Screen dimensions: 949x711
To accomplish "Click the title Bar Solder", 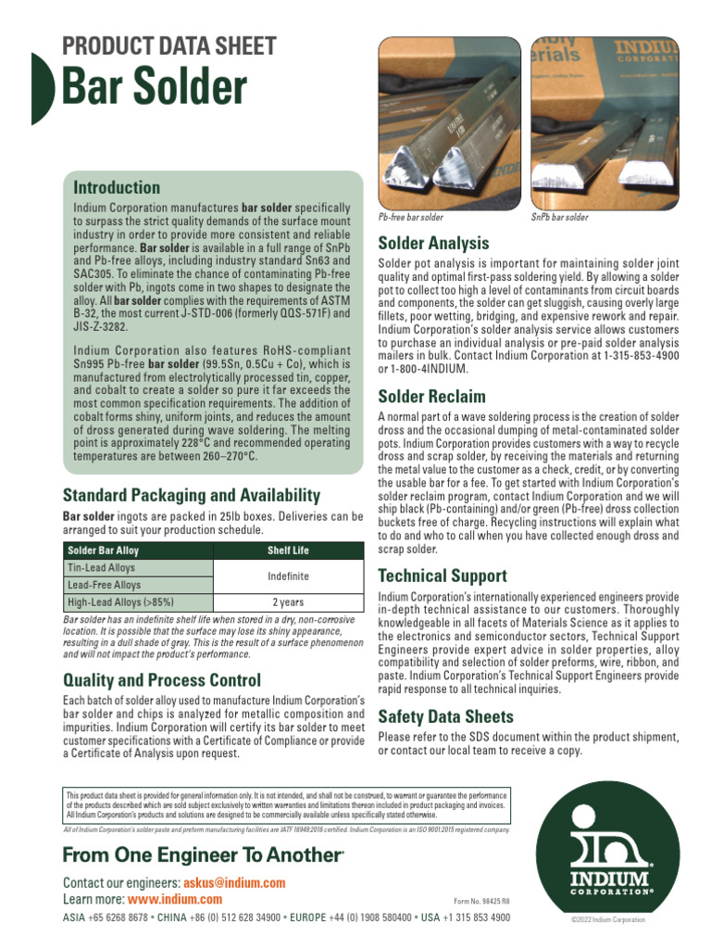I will pyautogui.click(x=155, y=87).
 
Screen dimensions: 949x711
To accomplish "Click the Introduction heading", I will pyautogui.click(x=117, y=187).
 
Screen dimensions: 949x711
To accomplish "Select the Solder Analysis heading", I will pyautogui.click(x=433, y=244).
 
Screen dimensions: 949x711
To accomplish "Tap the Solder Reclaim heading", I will pyautogui.click(x=431, y=397).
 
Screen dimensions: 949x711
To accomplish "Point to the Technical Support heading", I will pyautogui.click(x=443, y=576).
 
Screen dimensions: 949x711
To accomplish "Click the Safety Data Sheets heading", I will pyautogui.click(x=445, y=716).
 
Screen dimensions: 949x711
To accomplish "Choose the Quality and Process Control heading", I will pyautogui.click(x=161, y=680).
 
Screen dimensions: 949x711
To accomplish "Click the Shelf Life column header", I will pyautogui.click(x=288, y=550).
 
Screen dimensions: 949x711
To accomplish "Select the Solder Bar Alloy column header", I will pyautogui.click(x=102, y=550).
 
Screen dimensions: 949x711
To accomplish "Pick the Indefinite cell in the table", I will pyautogui.click(x=288, y=576).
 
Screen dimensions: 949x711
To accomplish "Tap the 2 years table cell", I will pyautogui.click(x=288, y=602).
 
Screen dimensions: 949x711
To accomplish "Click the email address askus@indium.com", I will pyautogui.click(x=234, y=883).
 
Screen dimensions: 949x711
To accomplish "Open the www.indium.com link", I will pyautogui.click(x=175, y=899).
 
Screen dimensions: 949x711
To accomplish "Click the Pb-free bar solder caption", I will pyautogui.click(x=411, y=217).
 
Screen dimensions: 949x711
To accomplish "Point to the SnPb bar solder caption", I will pyautogui.click(x=559, y=217).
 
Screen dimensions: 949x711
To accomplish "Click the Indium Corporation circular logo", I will pyautogui.click(x=608, y=845).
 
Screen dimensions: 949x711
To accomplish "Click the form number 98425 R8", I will pyautogui.click(x=481, y=901).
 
